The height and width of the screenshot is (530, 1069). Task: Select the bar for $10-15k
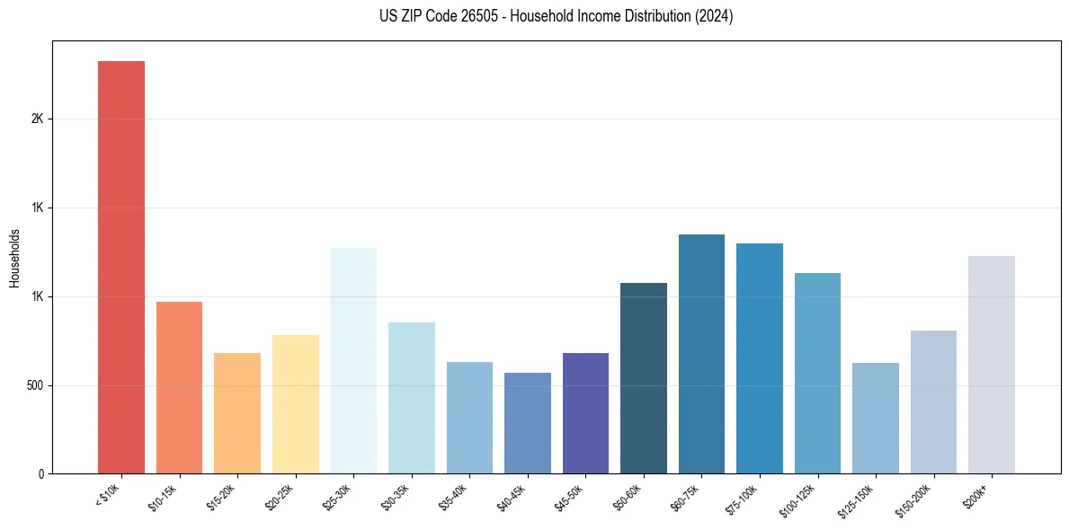coord(179,387)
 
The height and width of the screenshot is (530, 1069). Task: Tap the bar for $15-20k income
coord(237,413)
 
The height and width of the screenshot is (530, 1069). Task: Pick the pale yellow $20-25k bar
coord(295,404)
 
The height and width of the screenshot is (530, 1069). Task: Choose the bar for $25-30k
coord(353,360)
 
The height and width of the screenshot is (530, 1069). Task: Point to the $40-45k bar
coord(528,423)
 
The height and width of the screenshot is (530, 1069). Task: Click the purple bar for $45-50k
coord(585,413)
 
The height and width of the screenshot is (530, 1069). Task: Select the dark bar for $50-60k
coord(644,378)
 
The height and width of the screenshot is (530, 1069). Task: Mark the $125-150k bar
coord(876,418)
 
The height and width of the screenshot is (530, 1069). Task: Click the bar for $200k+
coord(992,365)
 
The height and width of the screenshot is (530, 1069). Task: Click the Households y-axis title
coord(14,258)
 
